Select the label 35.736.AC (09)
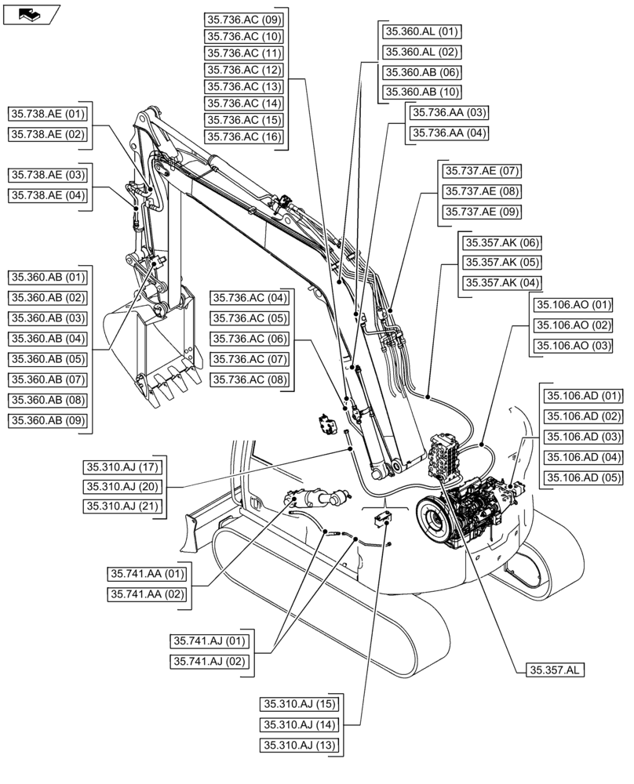tap(244, 18)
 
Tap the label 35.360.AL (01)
tap(421, 32)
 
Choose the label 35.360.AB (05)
tap(49, 359)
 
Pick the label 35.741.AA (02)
tap(148, 594)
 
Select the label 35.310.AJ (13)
tap(300, 746)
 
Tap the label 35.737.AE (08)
tap(482, 191)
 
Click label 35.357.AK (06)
tap(501, 242)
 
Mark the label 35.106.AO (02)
tap(573, 325)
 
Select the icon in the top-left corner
tap(31, 13)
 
